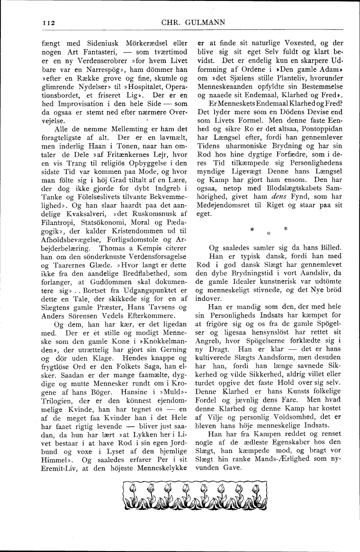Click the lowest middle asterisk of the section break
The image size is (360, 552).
[268, 234]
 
